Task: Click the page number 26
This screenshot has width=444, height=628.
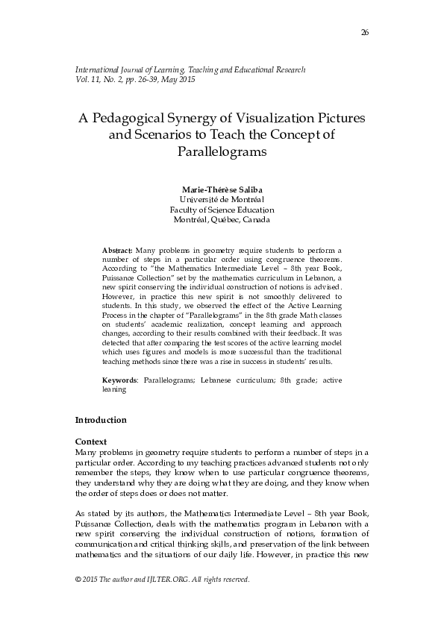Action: (x=364, y=32)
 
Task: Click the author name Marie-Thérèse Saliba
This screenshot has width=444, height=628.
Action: (x=222, y=189)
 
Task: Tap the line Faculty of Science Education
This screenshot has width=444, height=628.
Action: (x=222, y=210)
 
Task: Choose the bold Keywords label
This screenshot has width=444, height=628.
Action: (x=119, y=380)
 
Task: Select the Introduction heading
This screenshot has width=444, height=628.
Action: (x=101, y=421)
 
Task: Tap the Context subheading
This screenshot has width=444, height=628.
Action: (x=92, y=442)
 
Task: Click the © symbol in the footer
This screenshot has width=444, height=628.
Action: (x=79, y=580)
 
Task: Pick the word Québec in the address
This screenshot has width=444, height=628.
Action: (x=225, y=221)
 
